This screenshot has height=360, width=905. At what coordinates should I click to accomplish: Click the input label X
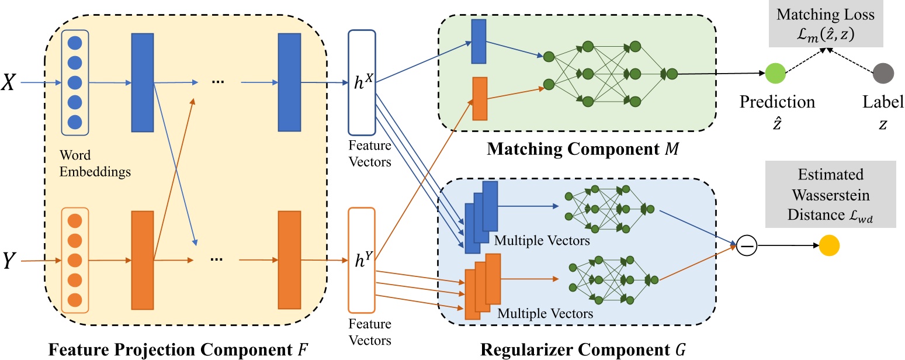(10, 82)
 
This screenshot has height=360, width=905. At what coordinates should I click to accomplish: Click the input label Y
(10, 260)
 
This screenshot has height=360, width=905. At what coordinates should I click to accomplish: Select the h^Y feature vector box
(362, 260)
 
